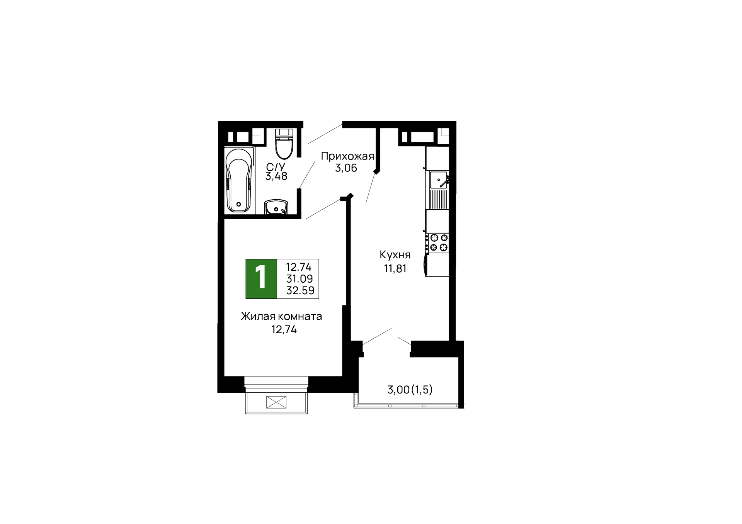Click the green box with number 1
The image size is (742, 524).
coord(261,278)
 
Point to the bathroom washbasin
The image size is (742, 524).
coord(276,207)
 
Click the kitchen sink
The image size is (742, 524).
coord(439,180)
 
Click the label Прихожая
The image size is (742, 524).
coord(347,156)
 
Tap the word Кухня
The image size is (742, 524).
coord(395,255)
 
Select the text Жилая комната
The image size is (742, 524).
coord(281,317)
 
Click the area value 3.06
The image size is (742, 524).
coord(346,168)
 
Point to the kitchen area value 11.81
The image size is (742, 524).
coord(395,269)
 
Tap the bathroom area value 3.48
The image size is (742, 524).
coord(276,177)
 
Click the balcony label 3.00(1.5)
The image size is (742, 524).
coord(410,390)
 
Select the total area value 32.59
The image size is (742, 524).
coord(300,290)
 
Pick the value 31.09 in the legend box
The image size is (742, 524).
coord(300,278)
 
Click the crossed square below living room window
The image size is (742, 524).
coord(276,403)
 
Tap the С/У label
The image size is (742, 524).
coord(276,167)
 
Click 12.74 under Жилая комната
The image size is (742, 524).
coord(284,330)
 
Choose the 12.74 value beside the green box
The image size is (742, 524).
coord(299,267)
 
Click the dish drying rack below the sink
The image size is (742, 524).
coord(439,199)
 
